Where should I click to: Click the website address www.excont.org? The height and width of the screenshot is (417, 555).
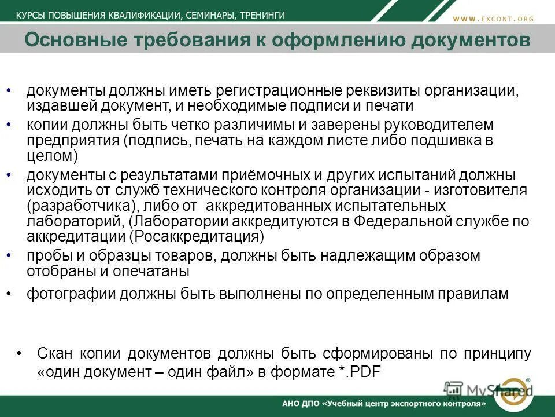tap(493, 19)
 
